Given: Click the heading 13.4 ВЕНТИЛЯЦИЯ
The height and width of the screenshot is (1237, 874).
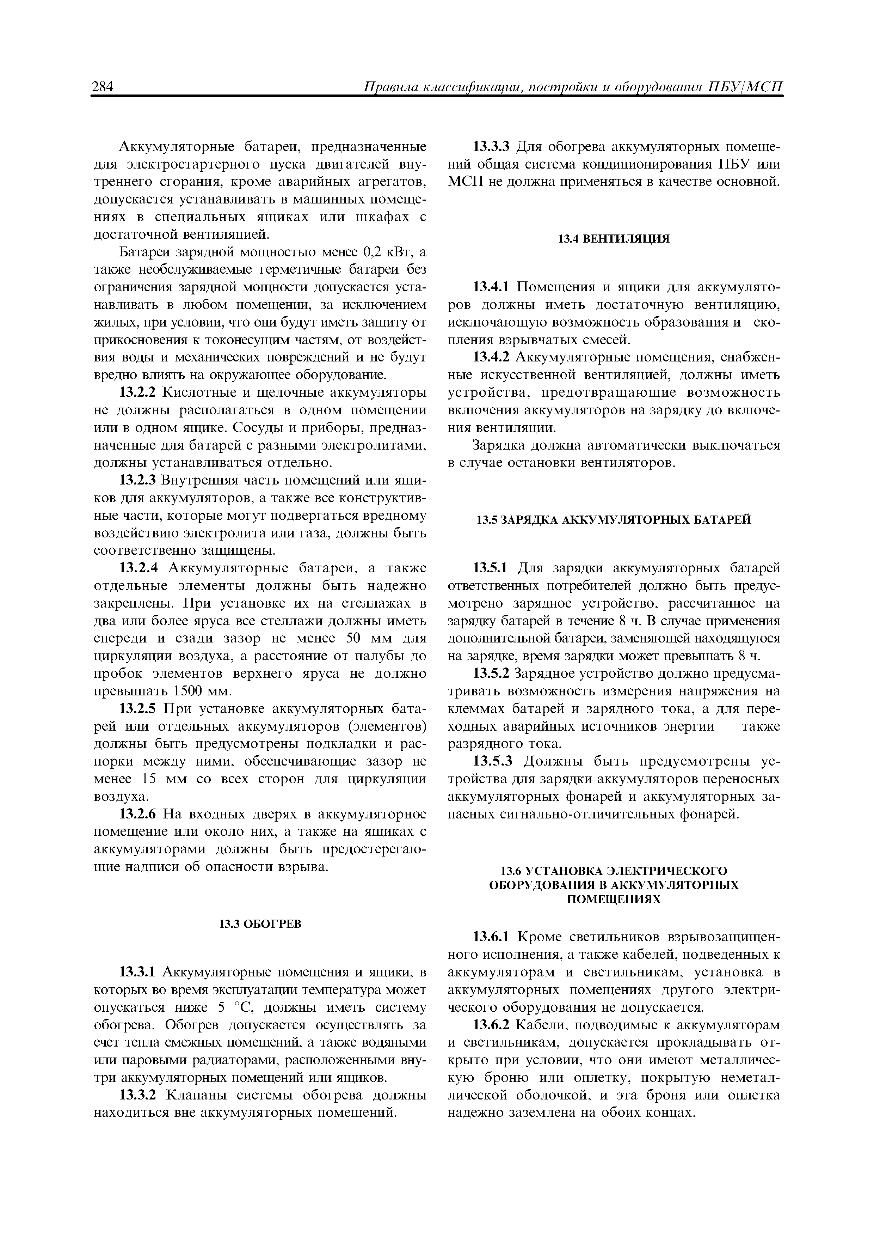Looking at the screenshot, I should coord(613,239).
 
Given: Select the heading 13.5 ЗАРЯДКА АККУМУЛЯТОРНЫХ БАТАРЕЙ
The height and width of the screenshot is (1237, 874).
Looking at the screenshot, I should coord(613,519).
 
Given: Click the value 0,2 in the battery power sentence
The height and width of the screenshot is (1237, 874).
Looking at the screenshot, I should coord(375,252).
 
